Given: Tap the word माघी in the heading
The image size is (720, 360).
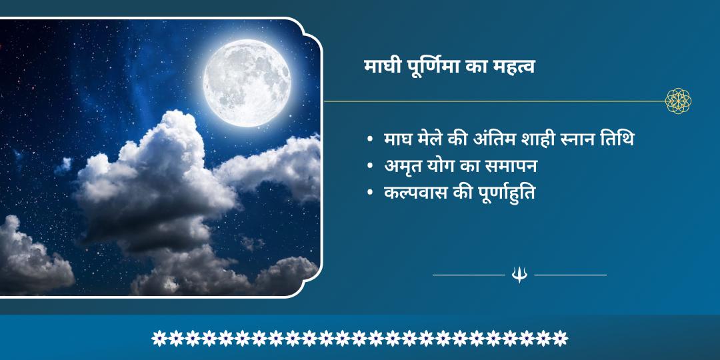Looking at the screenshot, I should point(381,67).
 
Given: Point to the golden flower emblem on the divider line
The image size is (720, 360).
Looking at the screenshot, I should point(678,101).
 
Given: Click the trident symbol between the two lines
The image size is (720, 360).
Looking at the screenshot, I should point(519,274).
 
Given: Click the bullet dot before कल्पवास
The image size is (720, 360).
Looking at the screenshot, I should point(369,193).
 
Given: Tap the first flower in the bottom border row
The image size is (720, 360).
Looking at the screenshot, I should point(159,338).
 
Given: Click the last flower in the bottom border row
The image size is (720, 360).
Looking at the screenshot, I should point(561,338).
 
